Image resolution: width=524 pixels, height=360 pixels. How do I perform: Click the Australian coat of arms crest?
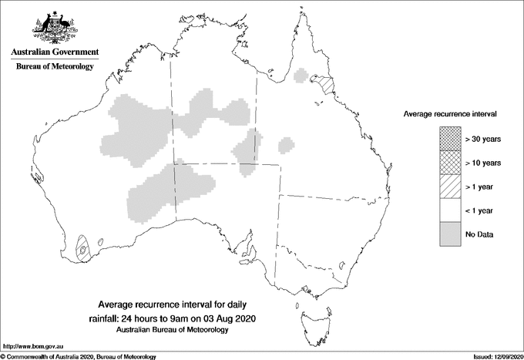pyautogui.click(x=54, y=29)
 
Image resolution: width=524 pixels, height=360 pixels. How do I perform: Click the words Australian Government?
pyautogui.click(x=54, y=52)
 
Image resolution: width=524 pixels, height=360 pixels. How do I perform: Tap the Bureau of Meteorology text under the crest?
pyautogui.click(x=54, y=66)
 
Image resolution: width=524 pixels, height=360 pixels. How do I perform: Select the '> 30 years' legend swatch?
pyautogui.click(x=450, y=139)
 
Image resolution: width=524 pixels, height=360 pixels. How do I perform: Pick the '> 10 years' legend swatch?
pyautogui.click(x=450, y=163)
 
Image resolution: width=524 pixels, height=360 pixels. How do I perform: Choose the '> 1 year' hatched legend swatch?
pyautogui.click(x=450, y=187)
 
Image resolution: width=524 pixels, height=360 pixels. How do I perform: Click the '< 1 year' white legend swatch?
pyautogui.click(x=450, y=210)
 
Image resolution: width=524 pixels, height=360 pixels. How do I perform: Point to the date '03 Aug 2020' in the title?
pyautogui.click(x=232, y=317)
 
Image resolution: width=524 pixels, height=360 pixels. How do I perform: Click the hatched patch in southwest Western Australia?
pyautogui.click(x=82, y=248)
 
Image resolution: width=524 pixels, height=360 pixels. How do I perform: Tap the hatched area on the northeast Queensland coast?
pyautogui.click(x=327, y=85)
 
